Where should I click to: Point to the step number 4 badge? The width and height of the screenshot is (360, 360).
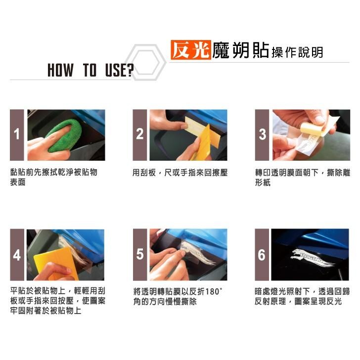pos(17,254)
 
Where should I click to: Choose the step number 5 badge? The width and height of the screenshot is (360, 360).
pos(140,254)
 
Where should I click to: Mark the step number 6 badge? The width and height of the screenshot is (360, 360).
pos(262,254)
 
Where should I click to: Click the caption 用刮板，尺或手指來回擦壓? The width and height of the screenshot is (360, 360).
pos(180,173)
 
